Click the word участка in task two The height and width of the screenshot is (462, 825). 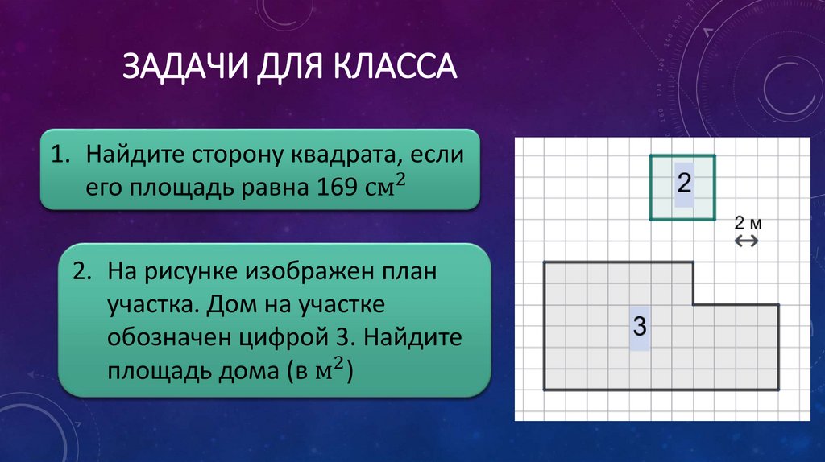(x=151, y=307)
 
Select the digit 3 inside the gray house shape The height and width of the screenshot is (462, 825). (x=640, y=327)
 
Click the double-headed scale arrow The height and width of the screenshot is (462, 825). (x=746, y=240)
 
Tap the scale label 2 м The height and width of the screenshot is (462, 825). (x=746, y=223)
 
